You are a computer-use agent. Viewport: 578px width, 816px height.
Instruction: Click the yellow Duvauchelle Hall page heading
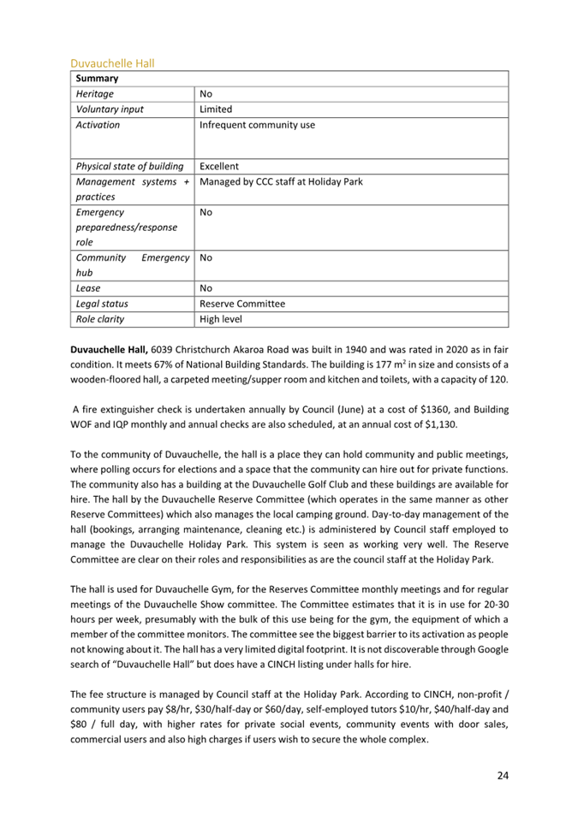coord(111,63)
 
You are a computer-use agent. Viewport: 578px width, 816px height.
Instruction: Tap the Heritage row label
coord(95,94)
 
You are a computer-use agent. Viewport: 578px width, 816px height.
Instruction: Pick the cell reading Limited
coord(216,109)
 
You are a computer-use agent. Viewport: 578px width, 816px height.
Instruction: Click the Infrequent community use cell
coord(257,125)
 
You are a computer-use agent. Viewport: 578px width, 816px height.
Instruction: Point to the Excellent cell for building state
coord(219,166)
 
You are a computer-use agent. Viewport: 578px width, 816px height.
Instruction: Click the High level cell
coord(221,320)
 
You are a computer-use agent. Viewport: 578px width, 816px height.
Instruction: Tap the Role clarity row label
coord(100,320)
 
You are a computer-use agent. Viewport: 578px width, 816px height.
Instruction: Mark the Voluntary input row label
coord(110,109)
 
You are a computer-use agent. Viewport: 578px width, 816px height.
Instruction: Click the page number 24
coord(503,775)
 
